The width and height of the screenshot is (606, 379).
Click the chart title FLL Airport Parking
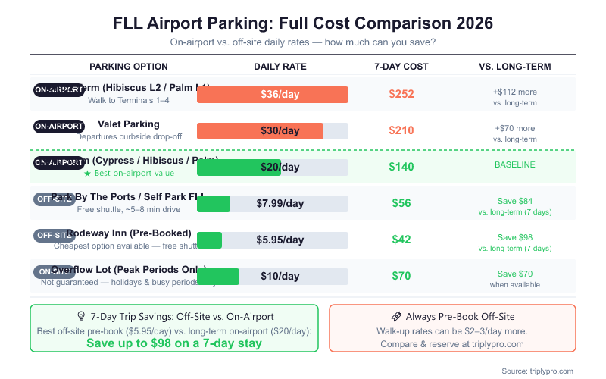303,23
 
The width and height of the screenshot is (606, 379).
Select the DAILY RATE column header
280,67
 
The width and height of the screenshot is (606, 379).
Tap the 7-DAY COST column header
401,67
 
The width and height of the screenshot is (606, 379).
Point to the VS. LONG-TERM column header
515,67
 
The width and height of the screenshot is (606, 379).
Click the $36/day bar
273,95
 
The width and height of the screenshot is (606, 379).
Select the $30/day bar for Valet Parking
260,131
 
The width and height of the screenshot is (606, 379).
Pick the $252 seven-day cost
401,94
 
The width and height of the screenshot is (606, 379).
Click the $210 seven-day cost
401,130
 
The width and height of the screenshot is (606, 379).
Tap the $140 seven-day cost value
401,167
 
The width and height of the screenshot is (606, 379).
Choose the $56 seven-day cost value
401,203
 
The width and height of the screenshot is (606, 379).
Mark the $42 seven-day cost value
401,240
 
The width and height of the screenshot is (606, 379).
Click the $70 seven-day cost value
401,276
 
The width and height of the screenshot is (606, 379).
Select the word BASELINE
515,165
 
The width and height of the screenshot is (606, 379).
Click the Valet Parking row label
129,124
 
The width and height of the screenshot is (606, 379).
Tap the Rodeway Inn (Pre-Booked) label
129,233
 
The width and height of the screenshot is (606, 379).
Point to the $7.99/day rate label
280,204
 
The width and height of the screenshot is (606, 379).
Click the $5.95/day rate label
280,240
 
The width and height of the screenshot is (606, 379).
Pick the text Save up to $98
174,343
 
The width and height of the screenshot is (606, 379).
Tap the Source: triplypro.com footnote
537,371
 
